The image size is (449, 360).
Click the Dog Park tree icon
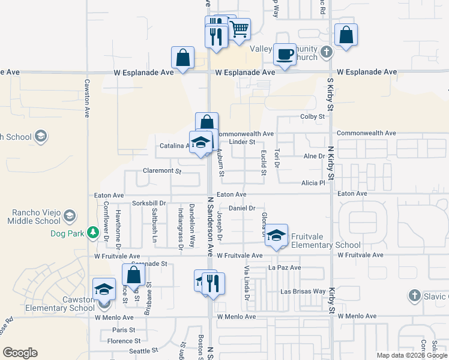(x=92, y=232)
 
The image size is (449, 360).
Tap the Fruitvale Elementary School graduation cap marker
(x=276, y=235)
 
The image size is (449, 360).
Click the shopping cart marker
(x=239, y=28)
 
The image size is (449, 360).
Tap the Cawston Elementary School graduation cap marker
(x=104, y=290)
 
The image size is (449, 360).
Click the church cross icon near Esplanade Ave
(x=326, y=52)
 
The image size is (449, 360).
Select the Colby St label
(x=313, y=116)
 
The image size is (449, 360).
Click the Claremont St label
(x=161, y=171)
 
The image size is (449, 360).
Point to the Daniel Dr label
(x=243, y=208)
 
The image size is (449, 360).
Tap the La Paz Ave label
(x=285, y=268)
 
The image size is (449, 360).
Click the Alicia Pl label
(x=313, y=182)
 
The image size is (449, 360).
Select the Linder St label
(x=243, y=142)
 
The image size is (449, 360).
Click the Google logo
(x=20, y=353)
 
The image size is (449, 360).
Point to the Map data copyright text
(x=411, y=355)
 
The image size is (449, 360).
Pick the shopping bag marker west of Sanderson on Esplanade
(x=182, y=58)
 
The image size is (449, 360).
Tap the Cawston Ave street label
(x=87, y=98)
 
